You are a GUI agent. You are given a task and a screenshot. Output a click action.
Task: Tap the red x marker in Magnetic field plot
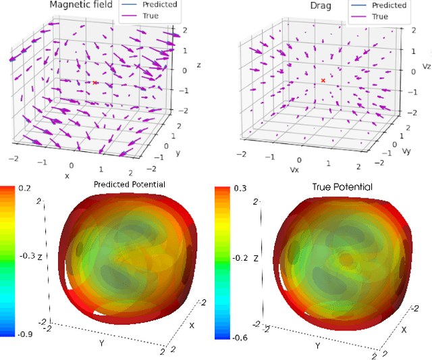95,83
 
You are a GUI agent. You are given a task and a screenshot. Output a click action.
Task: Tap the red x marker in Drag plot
323,80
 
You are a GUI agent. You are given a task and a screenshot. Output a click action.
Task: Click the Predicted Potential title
129,184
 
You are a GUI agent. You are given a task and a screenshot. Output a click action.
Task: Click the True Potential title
343,186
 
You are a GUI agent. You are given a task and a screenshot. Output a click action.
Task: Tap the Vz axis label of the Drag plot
426,68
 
